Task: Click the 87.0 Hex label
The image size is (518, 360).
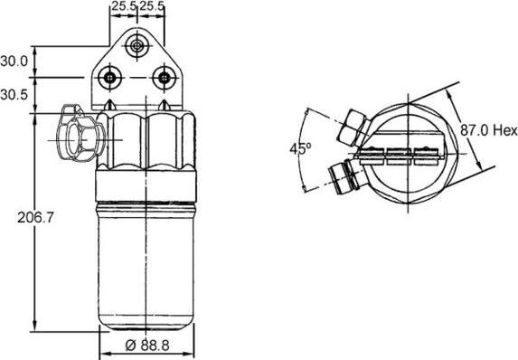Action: (485, 131)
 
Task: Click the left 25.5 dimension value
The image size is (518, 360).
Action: (124, 7)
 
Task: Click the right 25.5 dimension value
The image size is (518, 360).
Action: (152, 7)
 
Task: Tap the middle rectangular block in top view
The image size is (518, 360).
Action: (400, 155)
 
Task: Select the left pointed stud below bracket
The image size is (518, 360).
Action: (111, 108)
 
